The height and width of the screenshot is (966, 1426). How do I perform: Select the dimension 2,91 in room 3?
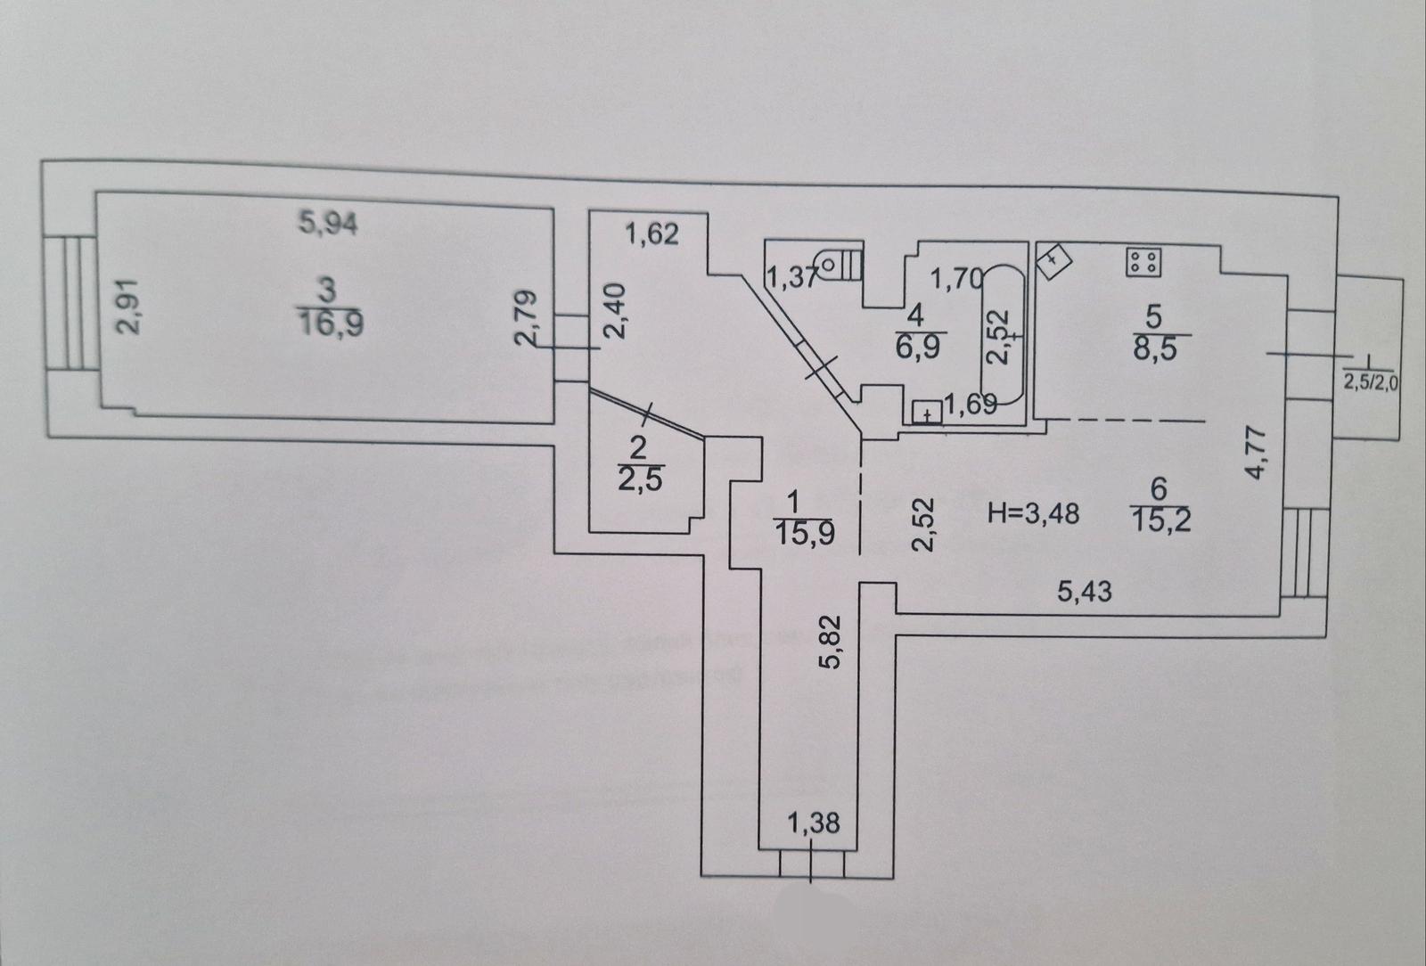[128, 307]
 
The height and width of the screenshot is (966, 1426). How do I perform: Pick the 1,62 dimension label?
[651, 233]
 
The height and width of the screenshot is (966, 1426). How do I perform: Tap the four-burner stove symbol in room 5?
[1143, 261]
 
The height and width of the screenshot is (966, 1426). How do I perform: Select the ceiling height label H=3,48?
[1035, 513]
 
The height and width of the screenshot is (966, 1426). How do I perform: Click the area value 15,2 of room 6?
[1160, 519]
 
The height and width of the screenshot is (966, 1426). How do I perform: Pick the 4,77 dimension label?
[1256, 454]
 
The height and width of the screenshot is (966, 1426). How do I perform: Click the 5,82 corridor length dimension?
[828, 644]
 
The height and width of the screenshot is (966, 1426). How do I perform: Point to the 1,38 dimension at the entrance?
[814, 823]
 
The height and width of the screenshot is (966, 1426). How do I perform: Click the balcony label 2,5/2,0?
[1368, 385]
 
